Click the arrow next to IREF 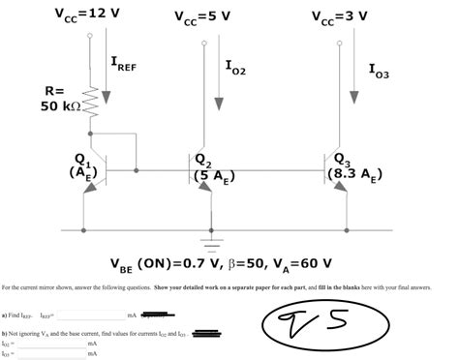(x=106, y=73)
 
